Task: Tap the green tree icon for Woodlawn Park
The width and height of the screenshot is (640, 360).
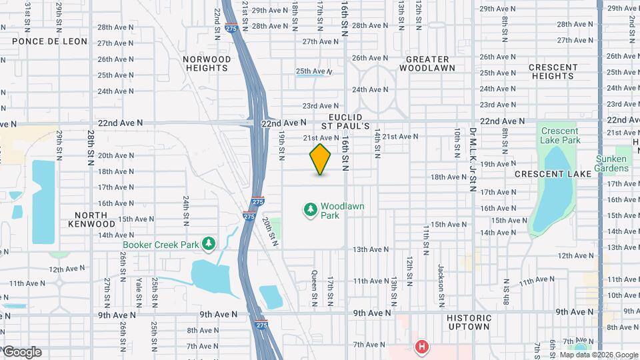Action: [x=310, y=211]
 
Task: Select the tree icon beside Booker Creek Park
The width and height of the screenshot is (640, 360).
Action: [x=209, y=244]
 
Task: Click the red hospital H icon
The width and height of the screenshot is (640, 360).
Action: [x=421, y=347]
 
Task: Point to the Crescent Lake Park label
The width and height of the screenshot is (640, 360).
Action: [x=561, y=135]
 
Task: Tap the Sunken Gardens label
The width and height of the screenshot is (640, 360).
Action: [x=611, y=164]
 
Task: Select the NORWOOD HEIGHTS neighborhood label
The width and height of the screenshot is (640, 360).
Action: [x=207, y=64]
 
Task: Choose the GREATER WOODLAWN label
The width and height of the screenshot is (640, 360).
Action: [x=427, y=64]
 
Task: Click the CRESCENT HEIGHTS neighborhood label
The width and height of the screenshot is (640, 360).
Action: [x=553, y=71]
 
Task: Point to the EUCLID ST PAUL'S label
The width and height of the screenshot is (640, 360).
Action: [x=345, y=121]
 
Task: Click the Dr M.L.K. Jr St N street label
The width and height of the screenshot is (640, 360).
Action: [x=472, y=151]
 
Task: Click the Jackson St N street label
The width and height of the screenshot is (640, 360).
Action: [x=441, y=281]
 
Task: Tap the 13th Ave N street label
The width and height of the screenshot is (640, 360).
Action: [x=371, y=249]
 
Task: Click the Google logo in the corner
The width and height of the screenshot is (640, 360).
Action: [x=22, y=352]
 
